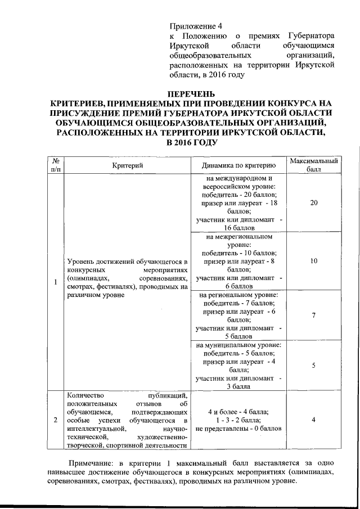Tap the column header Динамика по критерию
pos(238,165)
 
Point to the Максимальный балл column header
pos(313,165)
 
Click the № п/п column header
pos(56,165)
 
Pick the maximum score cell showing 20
pos(313,203)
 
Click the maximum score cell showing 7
pos(313,315)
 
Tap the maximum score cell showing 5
pos(313,366)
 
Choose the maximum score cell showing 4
pos(313,420)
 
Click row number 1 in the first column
pos(56,282)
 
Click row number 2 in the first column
pos(56,420)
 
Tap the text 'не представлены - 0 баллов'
pos(238,429)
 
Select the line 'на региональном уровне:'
pos(238,294)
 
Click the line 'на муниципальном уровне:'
pos(238,345)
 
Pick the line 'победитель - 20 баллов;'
pos(238,194)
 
